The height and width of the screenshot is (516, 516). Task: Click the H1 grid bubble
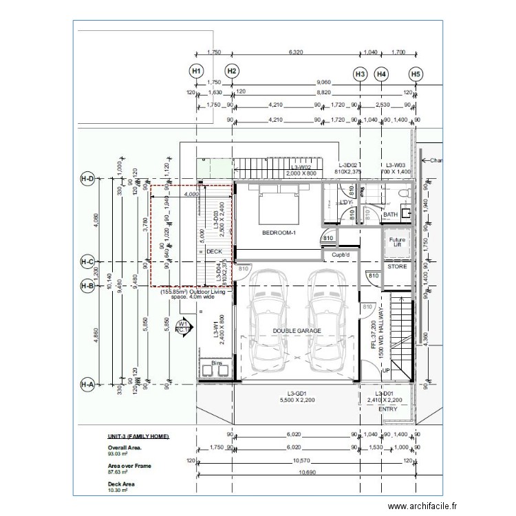click(x=197, y=71)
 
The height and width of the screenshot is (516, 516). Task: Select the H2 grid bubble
click(x=232, y=71)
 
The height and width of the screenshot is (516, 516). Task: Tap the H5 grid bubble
click(x=415, y=73)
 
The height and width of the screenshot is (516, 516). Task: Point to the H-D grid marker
click(x=87, y=180)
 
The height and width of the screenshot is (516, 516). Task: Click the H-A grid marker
click(x=87, y=384)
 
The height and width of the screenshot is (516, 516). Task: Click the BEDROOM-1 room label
click(x=278, y=233)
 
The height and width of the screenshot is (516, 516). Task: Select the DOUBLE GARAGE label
click(x=297, y=331)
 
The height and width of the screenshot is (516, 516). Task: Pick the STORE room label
click(x=397, y=266)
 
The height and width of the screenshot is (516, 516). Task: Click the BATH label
click(x=390, y=215)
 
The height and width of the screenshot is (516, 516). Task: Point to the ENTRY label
click(x=388, y=409)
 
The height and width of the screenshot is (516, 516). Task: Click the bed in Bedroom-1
click(x=278, y=204)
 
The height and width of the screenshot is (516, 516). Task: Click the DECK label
click(x=215, y=252)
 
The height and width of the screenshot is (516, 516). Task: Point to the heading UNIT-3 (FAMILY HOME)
click(x=138, y=437)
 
